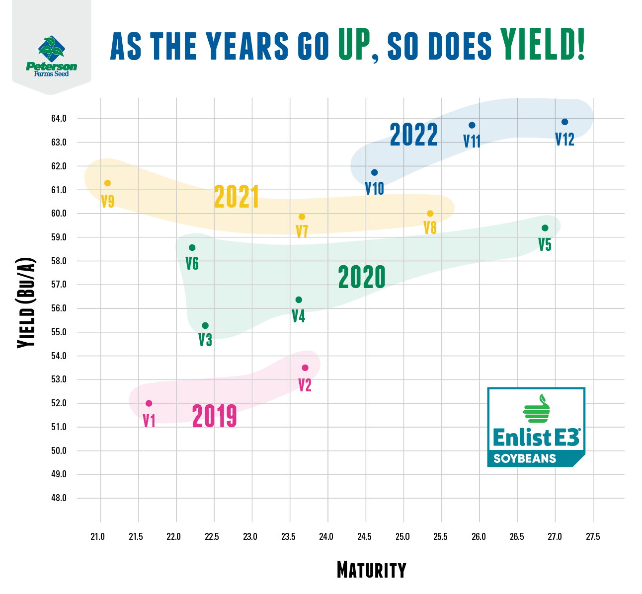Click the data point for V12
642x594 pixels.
click(564, 122)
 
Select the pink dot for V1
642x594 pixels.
click(149, 403)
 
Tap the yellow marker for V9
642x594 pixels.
click(107, 183)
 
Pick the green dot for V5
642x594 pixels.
click(545, 228)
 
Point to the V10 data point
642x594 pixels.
click(374, 172)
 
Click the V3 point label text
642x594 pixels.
click(205, 340)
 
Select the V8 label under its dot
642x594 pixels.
click(430, 228)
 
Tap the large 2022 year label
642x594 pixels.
click(413, 135)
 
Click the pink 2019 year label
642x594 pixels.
click(214, 416)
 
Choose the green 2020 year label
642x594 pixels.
click(362, 277)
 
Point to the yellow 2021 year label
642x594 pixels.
click(237, 197)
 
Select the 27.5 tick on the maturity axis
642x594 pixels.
click(592, 537)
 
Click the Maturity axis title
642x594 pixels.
click(371, 570)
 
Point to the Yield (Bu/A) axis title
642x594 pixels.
click(26, 303)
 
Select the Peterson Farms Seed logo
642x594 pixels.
click(51, 56)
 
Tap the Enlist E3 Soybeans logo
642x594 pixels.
click(536, 428)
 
